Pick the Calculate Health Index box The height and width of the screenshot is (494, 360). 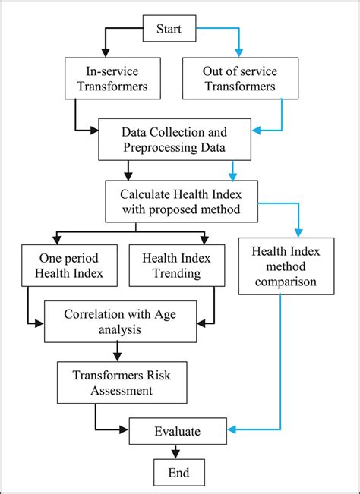click(180, 197)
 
